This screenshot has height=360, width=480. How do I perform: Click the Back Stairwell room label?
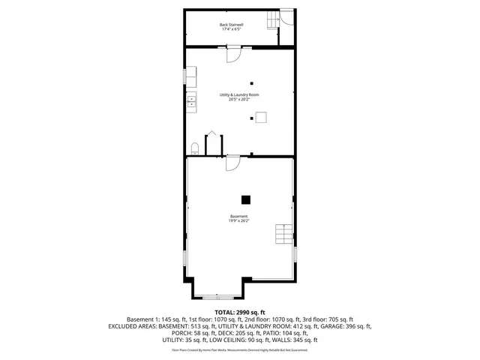231,25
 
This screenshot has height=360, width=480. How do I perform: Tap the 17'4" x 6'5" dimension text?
231,29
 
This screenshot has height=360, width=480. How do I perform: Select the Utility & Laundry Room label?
239,95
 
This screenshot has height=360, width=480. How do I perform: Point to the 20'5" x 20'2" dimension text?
239,100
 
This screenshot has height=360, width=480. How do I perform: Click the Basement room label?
239,216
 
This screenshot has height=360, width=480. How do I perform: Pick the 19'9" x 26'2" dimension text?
239,220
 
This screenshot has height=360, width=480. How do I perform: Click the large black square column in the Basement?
245,199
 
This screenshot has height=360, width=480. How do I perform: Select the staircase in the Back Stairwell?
271,19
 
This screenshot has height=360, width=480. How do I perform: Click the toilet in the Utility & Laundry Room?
194,146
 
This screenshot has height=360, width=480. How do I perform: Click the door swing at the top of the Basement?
232,162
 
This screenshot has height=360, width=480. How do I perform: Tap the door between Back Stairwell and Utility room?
232,53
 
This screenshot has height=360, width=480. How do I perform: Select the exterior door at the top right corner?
285,17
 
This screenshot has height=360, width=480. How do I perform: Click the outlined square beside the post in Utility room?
261,116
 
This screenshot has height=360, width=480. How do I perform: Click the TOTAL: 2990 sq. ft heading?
239,311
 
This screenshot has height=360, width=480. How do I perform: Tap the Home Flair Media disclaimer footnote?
239,349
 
